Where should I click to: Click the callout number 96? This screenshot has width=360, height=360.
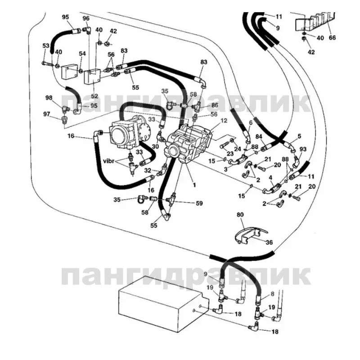[86, 18]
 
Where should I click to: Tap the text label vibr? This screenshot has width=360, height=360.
[109, 161]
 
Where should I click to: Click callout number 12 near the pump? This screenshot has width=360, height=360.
[225, 121]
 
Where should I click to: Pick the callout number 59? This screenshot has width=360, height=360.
[200, 202]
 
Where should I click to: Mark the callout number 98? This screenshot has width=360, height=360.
[49, 98]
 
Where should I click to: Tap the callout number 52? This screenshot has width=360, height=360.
[95, 96]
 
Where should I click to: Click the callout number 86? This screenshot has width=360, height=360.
[215, 104]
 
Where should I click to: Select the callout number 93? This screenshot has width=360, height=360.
[302, 149]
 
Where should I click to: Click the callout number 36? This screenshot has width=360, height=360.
[270, 243]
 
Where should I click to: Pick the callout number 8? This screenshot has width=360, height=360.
[271, 294]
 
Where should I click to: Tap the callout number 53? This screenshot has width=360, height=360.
[45, 45]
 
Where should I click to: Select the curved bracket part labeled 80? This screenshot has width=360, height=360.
[248, 235]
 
